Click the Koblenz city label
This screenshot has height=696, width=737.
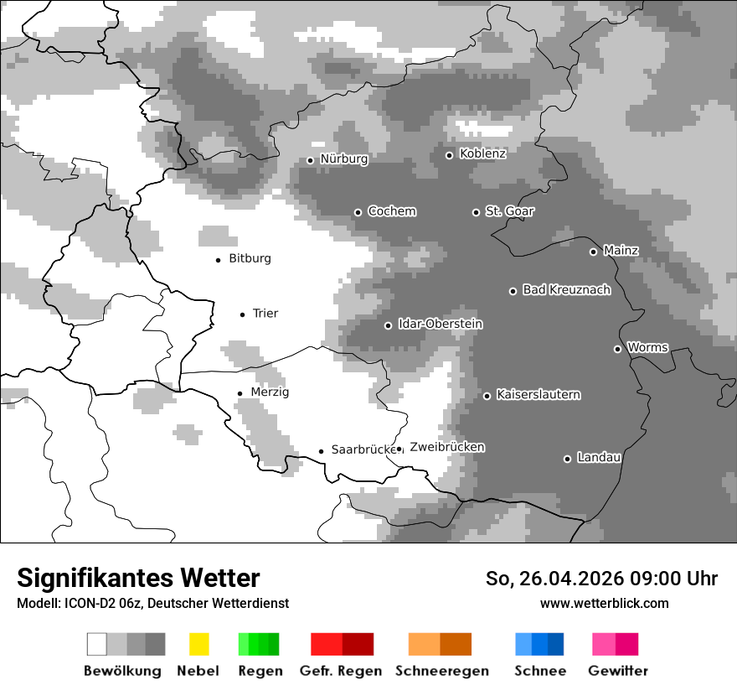click(482, 153)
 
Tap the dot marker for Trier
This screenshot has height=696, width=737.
click(242, 314)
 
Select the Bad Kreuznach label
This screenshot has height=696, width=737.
click(566, 290)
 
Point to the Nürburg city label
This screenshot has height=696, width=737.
click(343, 158)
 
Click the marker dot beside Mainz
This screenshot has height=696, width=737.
click(593, 252)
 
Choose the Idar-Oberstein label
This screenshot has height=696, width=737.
click(440, 325)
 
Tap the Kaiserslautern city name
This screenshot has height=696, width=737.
click(538, 395)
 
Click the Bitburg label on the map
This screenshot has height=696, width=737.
click(250, 258)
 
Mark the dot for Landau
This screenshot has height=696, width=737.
click(567, 459)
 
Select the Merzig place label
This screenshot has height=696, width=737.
click(270, 392)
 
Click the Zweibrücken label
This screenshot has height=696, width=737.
click(446, 447)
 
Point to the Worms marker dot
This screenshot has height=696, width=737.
click(617, 349)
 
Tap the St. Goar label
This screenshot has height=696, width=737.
click(509, 211)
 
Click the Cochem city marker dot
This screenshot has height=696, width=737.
click(358, 212)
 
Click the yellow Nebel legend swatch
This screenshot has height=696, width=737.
click(198, 644)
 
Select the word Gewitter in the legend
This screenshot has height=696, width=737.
click(617, 671)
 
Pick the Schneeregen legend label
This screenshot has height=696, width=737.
click(441, 671)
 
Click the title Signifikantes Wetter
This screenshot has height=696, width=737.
click(138, 579)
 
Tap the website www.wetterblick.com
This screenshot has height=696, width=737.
click(604, 603)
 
